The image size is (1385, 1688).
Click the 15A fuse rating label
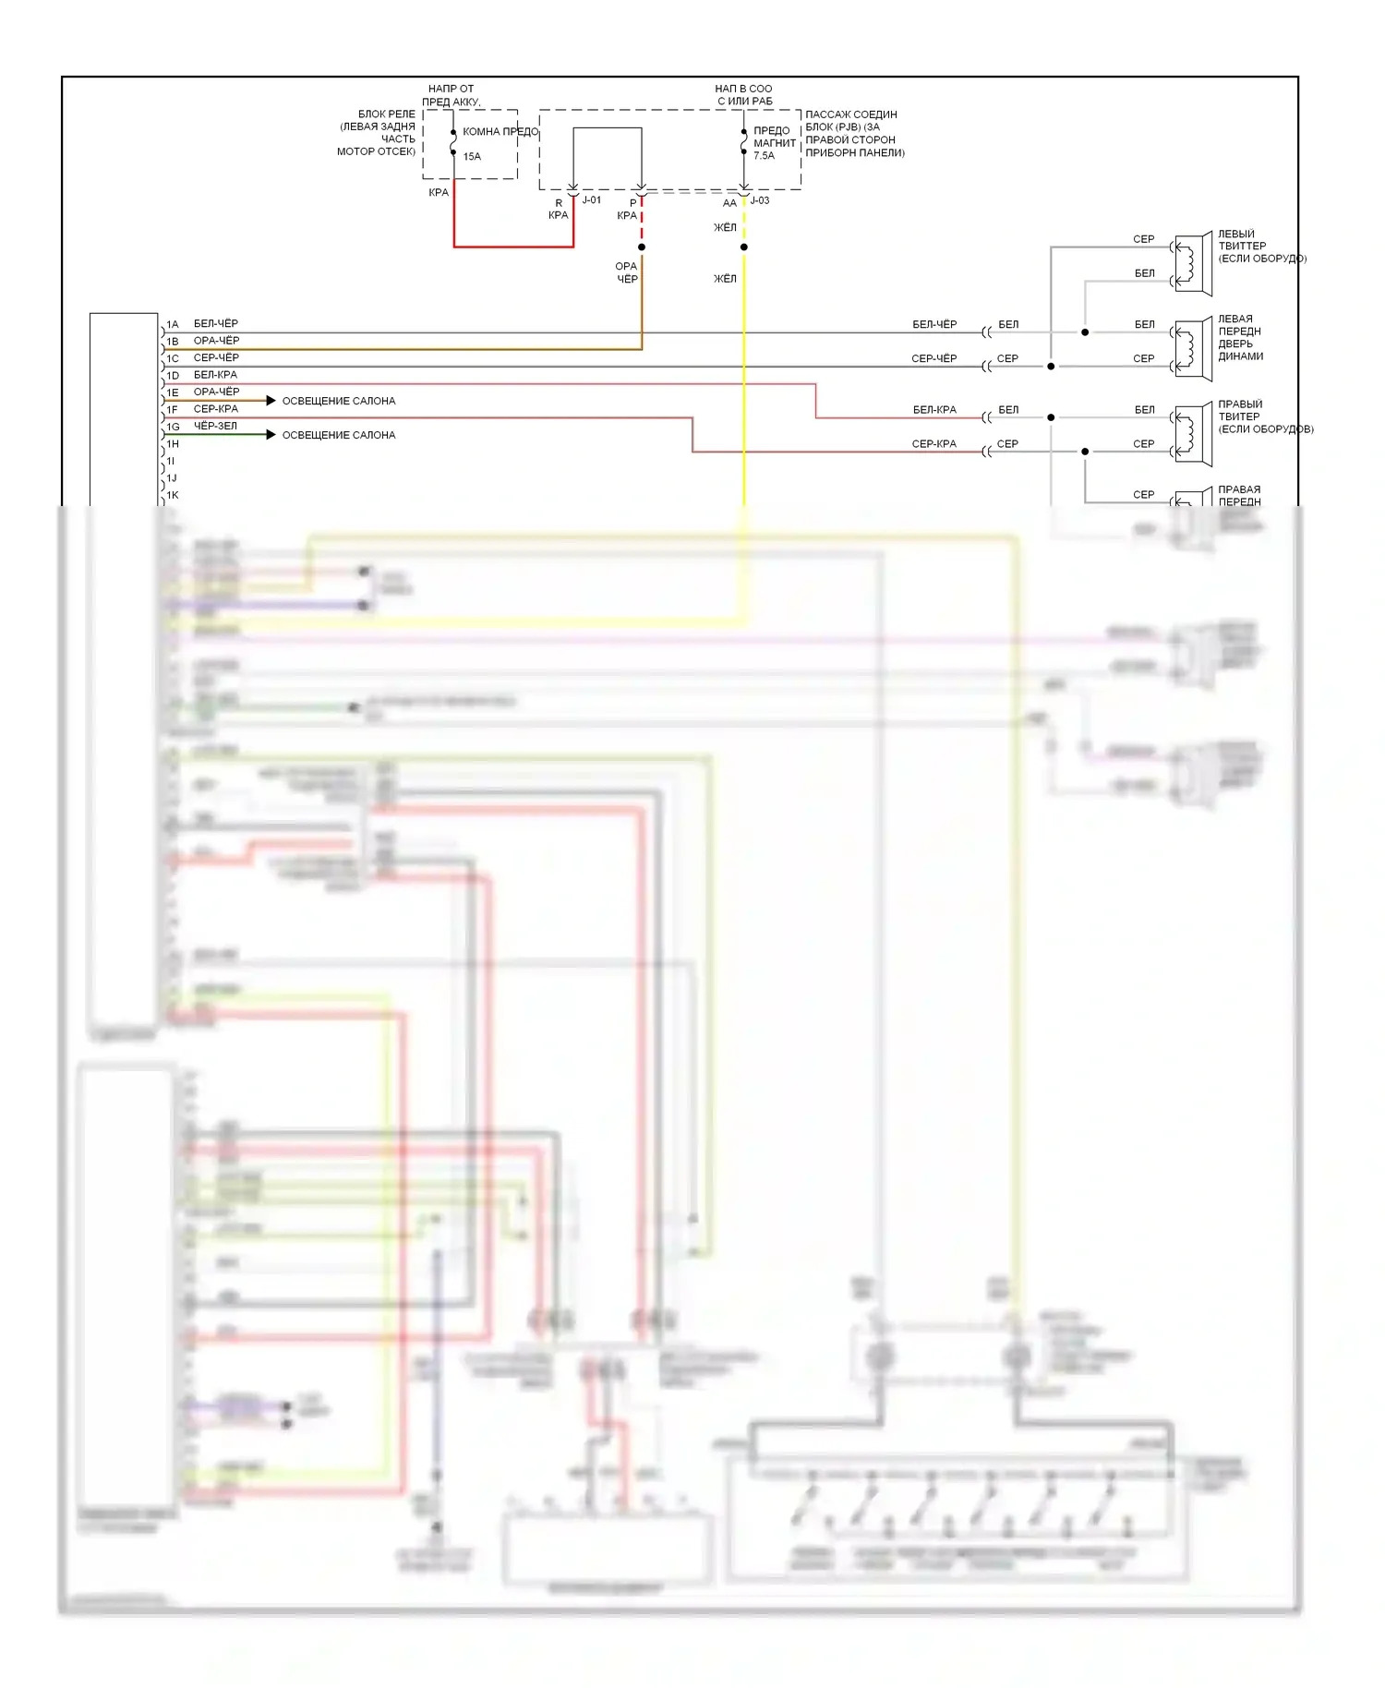(472, 157)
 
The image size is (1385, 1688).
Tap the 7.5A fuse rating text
(764, 156)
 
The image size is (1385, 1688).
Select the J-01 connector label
(592, 200)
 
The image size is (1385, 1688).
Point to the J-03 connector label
(760, 200)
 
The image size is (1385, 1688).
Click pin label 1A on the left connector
(173, 325)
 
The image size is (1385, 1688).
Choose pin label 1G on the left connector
(173, 428)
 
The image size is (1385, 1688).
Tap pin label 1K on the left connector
(173, 496)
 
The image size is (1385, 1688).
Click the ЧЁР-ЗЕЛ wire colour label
(215, 426)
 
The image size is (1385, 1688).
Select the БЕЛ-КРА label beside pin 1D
(215, 375)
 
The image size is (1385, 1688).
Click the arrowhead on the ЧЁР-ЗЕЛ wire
(271, 435)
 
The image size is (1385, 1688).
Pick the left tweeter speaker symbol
(1192, 263)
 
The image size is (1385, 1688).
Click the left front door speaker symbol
(1192, 349)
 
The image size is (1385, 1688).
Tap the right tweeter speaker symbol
(1192, 434)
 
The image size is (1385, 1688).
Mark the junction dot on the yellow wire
(744, 247)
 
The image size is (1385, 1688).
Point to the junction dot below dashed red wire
(642, 247)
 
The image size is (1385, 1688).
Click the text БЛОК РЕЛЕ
(386, 115)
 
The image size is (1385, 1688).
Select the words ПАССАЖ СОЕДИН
(850, 115)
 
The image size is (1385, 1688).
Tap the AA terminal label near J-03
(729, 203)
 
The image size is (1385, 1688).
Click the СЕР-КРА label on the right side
(933, 444)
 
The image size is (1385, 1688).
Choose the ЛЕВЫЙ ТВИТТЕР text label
(1241, 240)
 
